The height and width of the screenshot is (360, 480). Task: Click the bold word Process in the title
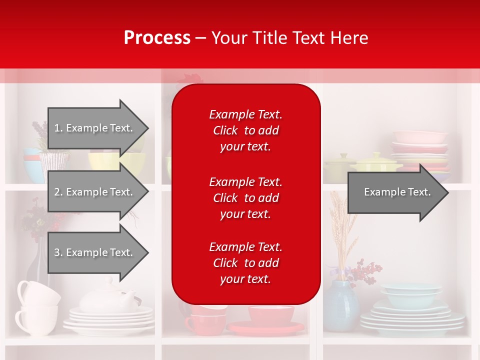tap(157, 38)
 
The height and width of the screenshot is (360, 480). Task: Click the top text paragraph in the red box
tap(245, 130)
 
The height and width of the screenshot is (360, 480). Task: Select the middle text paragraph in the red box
tap(245, 198)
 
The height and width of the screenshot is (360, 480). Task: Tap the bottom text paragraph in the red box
tap(245, 263)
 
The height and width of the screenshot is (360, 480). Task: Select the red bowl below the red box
tap(271, 315)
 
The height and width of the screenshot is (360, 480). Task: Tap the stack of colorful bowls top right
tap(420, 150)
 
